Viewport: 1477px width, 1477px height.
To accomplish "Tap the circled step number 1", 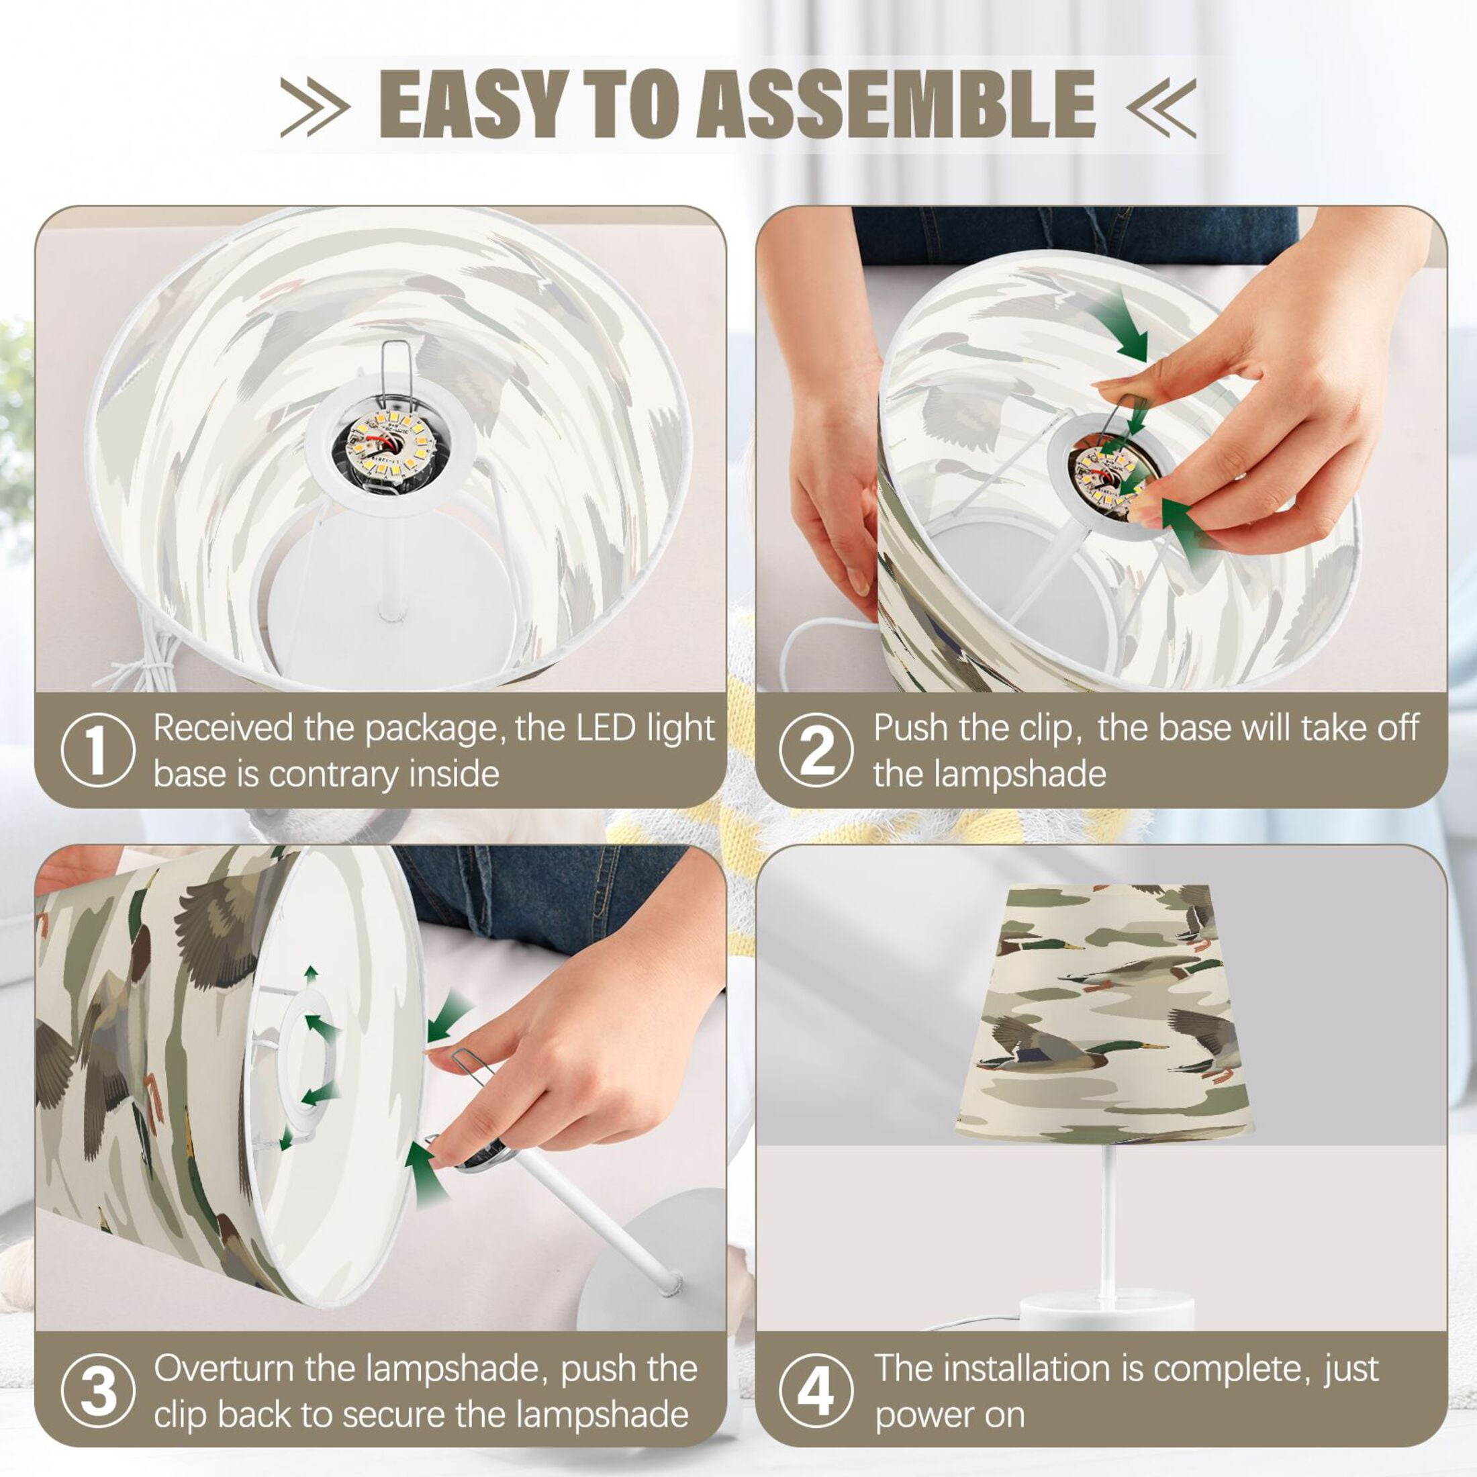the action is tap(98, 750).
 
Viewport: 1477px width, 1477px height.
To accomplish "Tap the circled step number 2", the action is tap(816, 750).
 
